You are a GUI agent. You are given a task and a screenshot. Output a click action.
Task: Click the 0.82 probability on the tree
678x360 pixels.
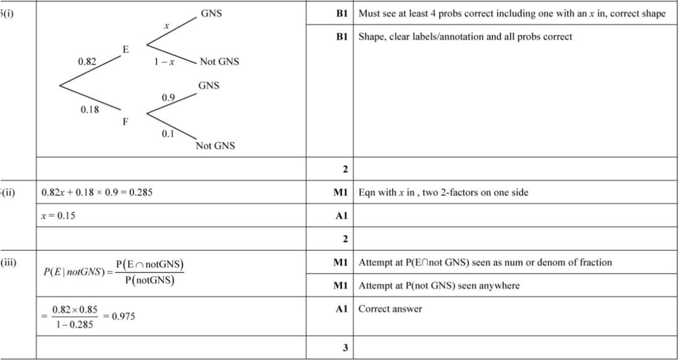[x=87, y=62]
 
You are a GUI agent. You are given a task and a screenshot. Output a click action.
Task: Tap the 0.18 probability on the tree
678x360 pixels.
[x=90, y=110]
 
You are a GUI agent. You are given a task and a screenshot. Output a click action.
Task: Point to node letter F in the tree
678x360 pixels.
[x=125, y=121]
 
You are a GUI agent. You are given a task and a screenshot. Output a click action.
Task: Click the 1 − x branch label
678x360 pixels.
[x=164, y=62]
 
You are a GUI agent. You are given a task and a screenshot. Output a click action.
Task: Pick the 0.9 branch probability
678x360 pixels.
[x=168, y=98]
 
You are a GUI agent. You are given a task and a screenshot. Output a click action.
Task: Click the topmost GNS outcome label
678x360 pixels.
[x=211, y=13]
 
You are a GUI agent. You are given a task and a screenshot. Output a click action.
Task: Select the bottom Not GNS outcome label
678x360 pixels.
[x=215, y=146]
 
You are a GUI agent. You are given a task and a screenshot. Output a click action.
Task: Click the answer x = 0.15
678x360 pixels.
[x=59, y=216]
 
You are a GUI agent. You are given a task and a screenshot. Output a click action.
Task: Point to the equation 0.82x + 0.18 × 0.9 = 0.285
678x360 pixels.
[x=97, y=192]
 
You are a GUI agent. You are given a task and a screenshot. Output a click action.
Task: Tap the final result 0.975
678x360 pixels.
[x=123, y=316]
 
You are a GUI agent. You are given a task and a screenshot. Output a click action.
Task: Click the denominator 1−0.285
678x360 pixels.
[x=73, y=324]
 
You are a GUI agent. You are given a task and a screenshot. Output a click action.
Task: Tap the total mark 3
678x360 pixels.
[x=345, y=348]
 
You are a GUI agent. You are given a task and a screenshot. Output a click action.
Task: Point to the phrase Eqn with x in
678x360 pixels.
[x=386, y=192]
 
